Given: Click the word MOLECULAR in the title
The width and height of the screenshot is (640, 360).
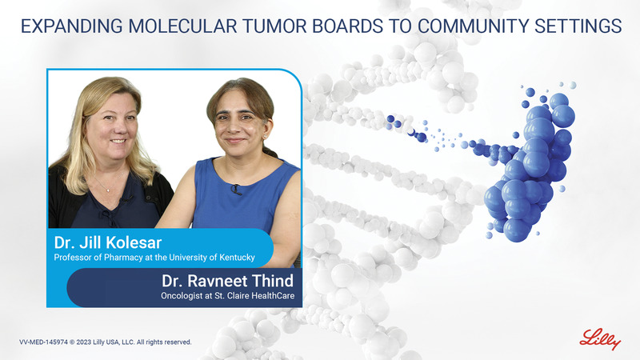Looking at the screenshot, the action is [182, 26].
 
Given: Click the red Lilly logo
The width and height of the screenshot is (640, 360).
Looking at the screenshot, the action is [600, 339].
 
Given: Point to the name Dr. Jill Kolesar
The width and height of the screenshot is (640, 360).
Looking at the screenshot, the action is [108, 243].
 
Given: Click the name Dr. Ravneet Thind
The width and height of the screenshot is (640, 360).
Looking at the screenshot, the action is [227, 281].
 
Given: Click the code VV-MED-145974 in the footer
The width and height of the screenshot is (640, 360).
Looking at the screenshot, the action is [43, 342].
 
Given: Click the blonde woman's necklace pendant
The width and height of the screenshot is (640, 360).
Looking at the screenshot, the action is [107, 190].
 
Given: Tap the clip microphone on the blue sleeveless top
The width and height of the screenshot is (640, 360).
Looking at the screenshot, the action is [235, 190].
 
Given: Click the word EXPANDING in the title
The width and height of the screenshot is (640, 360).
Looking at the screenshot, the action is [72, 26].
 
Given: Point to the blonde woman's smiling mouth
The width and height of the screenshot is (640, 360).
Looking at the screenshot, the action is [118, 142].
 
